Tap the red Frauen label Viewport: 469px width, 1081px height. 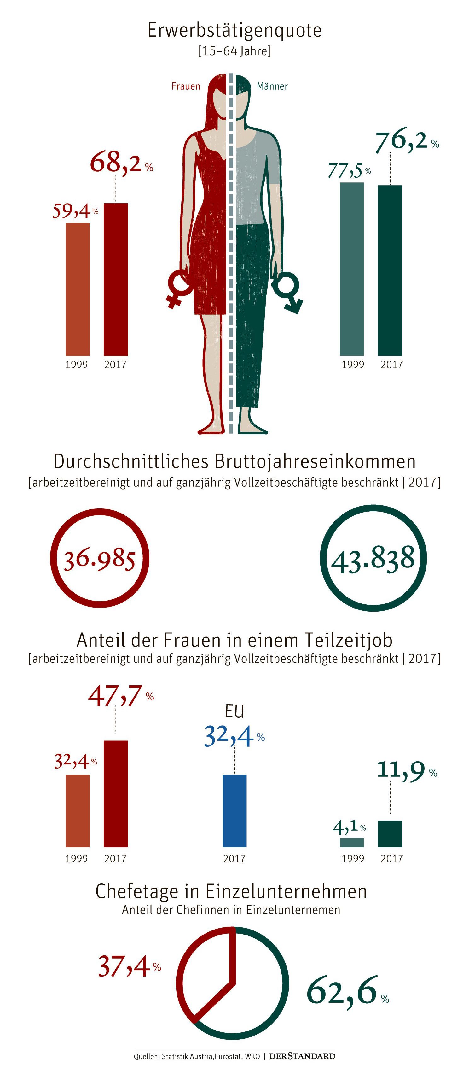pos(186,86)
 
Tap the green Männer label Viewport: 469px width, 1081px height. pos(272,86)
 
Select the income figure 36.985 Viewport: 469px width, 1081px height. pos(100,559)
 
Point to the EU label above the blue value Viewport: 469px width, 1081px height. pos(234,711)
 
